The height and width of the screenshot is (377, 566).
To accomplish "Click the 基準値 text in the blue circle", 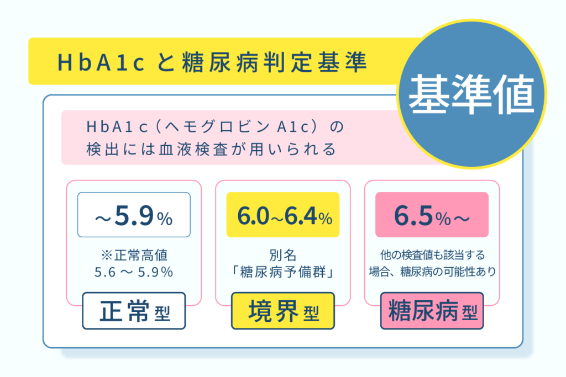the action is click(x=471, y=94).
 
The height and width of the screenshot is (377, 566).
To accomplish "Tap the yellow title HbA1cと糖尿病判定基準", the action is click(x=212, y=62).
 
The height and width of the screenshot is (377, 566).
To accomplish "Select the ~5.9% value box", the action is click(x=134, y=215).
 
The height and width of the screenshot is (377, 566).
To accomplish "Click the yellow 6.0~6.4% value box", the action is click(x=283, y=215).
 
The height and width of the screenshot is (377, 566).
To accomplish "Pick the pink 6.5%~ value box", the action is click(x=432, y=215).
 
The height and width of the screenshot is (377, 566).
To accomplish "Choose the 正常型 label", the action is click(x=134, y=311).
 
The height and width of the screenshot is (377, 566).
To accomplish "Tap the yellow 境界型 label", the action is click(x=283, y=311).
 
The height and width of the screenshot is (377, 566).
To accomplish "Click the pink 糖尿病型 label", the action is click(x=432, y=311).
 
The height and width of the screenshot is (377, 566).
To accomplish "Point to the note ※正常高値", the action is click(x=134, y=255).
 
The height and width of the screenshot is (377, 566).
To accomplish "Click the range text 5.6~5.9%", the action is click(x=134, y=272).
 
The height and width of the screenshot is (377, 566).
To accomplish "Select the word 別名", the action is click(x=283, y=255).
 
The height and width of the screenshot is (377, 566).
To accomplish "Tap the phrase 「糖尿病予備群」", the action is click(x=283, y=272).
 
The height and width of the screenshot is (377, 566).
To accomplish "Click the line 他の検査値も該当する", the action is click(x=432, y=255).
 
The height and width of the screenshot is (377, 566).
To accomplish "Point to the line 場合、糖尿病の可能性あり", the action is click(x=432, y=272).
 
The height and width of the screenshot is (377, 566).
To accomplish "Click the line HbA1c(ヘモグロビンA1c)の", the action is click(x=216, y=126).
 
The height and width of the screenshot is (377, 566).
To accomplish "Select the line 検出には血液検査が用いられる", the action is click(x=211, y=149).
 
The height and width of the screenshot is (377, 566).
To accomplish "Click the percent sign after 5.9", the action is click(x=165, y=219).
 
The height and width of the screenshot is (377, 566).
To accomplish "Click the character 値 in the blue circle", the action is click(x=515, y=94).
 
